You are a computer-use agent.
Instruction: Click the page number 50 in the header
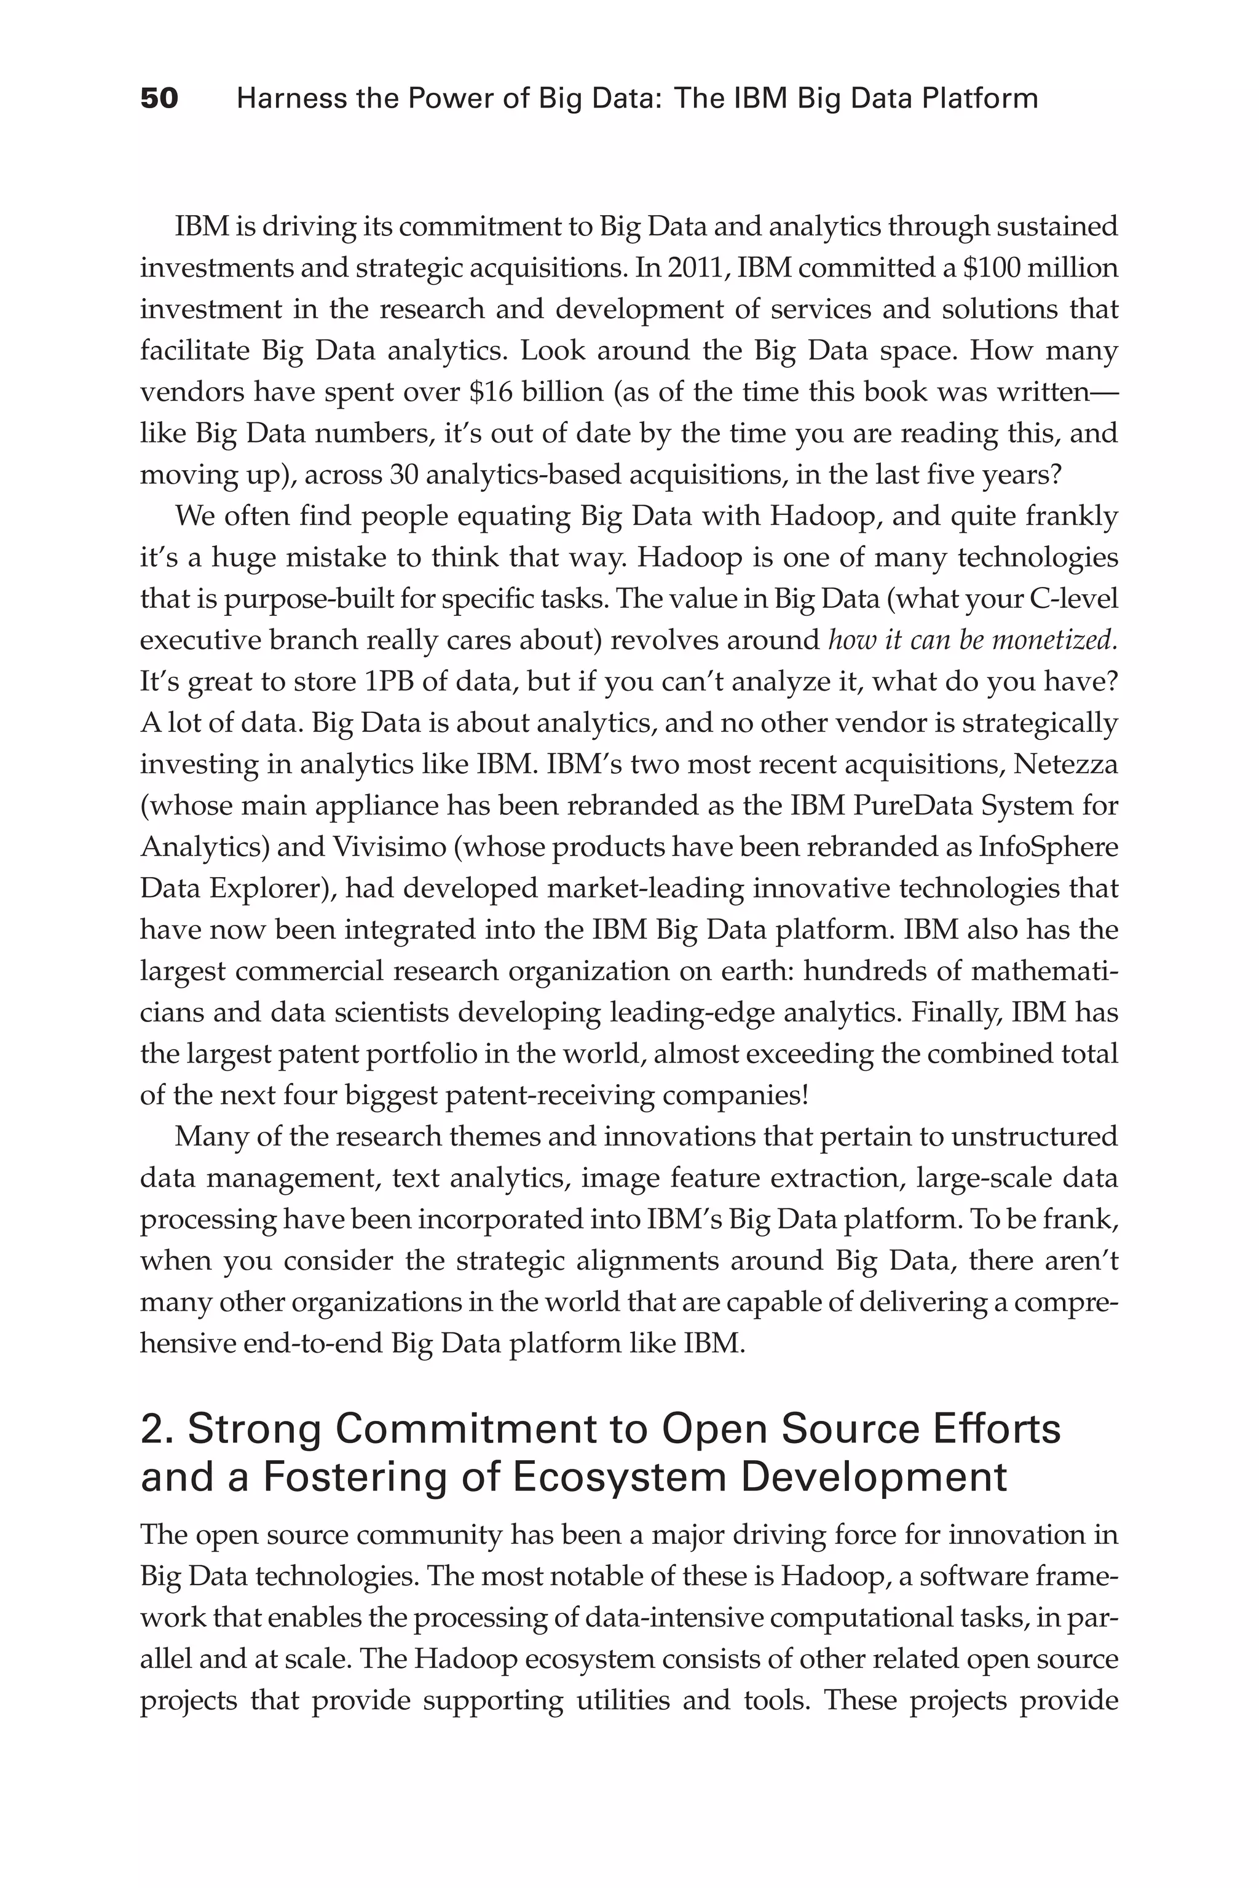(159, 99)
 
